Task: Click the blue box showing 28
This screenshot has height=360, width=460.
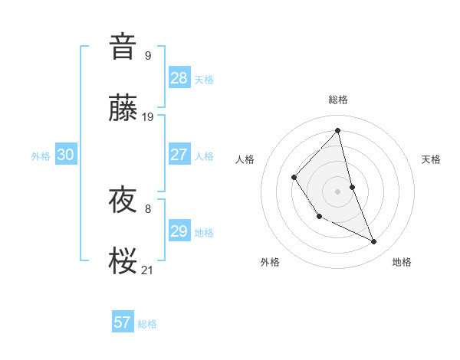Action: tap(179, 77)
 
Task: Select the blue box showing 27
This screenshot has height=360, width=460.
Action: tap(179, 155)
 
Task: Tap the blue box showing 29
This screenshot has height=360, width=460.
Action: tap(179, 231)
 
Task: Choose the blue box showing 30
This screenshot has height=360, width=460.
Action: tap(65, 155)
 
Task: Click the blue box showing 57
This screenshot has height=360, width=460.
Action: tap(123, 322)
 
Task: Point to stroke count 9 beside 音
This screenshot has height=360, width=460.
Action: tap(148, 55)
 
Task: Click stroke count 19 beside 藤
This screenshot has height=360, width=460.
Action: tap(148, 117)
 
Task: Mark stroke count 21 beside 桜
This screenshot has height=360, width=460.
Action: tap(148, 270)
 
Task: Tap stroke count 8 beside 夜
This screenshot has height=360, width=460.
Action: tap(148, 208)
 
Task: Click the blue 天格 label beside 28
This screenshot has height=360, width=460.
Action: tap(204, 79)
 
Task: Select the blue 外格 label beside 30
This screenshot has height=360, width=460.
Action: tap(41, 156)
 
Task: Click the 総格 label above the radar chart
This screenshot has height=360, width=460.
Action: tap(338, 100)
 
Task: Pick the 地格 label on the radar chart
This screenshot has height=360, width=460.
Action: tap(402, 262)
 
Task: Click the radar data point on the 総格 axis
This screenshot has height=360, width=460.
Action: tap(338, 131)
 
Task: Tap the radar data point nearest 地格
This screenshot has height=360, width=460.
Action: tap(374, 242)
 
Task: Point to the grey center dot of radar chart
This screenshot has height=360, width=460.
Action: tap(338, 191)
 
